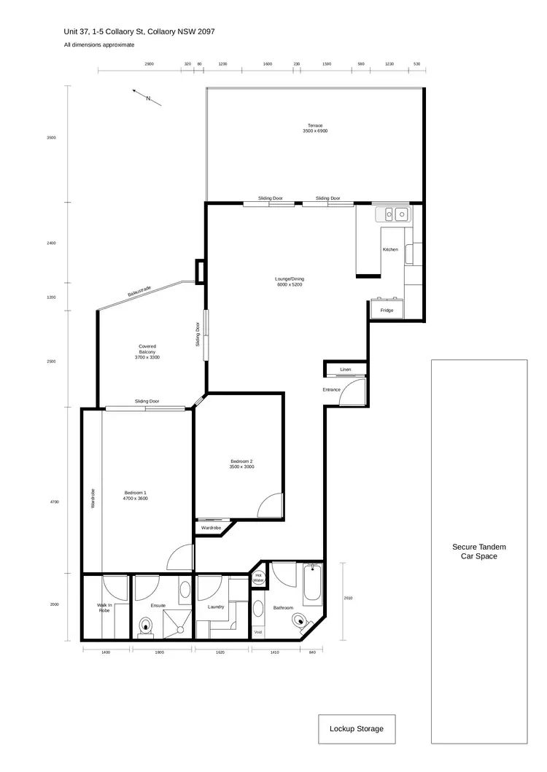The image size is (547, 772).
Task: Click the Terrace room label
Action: tap(315, 128)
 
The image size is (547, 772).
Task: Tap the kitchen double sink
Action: tap(395, 214)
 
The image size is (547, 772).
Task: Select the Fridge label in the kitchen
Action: tap(387, 311)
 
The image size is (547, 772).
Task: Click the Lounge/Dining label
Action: tap(289, 281)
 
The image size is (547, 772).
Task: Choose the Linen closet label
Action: tap(345, 370)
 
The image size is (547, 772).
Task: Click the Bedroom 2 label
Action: tap(241, 464)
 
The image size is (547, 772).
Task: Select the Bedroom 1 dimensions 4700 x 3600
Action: tap(136, 498)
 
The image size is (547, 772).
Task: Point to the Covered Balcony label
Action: tap(147, 352)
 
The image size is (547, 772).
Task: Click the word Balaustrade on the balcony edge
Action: tap(139, 292)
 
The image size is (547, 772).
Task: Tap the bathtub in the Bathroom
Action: tap(311, 582)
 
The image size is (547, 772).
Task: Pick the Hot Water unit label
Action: tap(257, 578)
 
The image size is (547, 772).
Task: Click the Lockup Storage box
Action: tap(356, 728)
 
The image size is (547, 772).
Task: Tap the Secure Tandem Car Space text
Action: tap(478, 551)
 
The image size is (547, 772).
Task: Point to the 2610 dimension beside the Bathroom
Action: tap(348, 598)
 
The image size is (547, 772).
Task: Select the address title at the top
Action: tap(139, 31)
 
